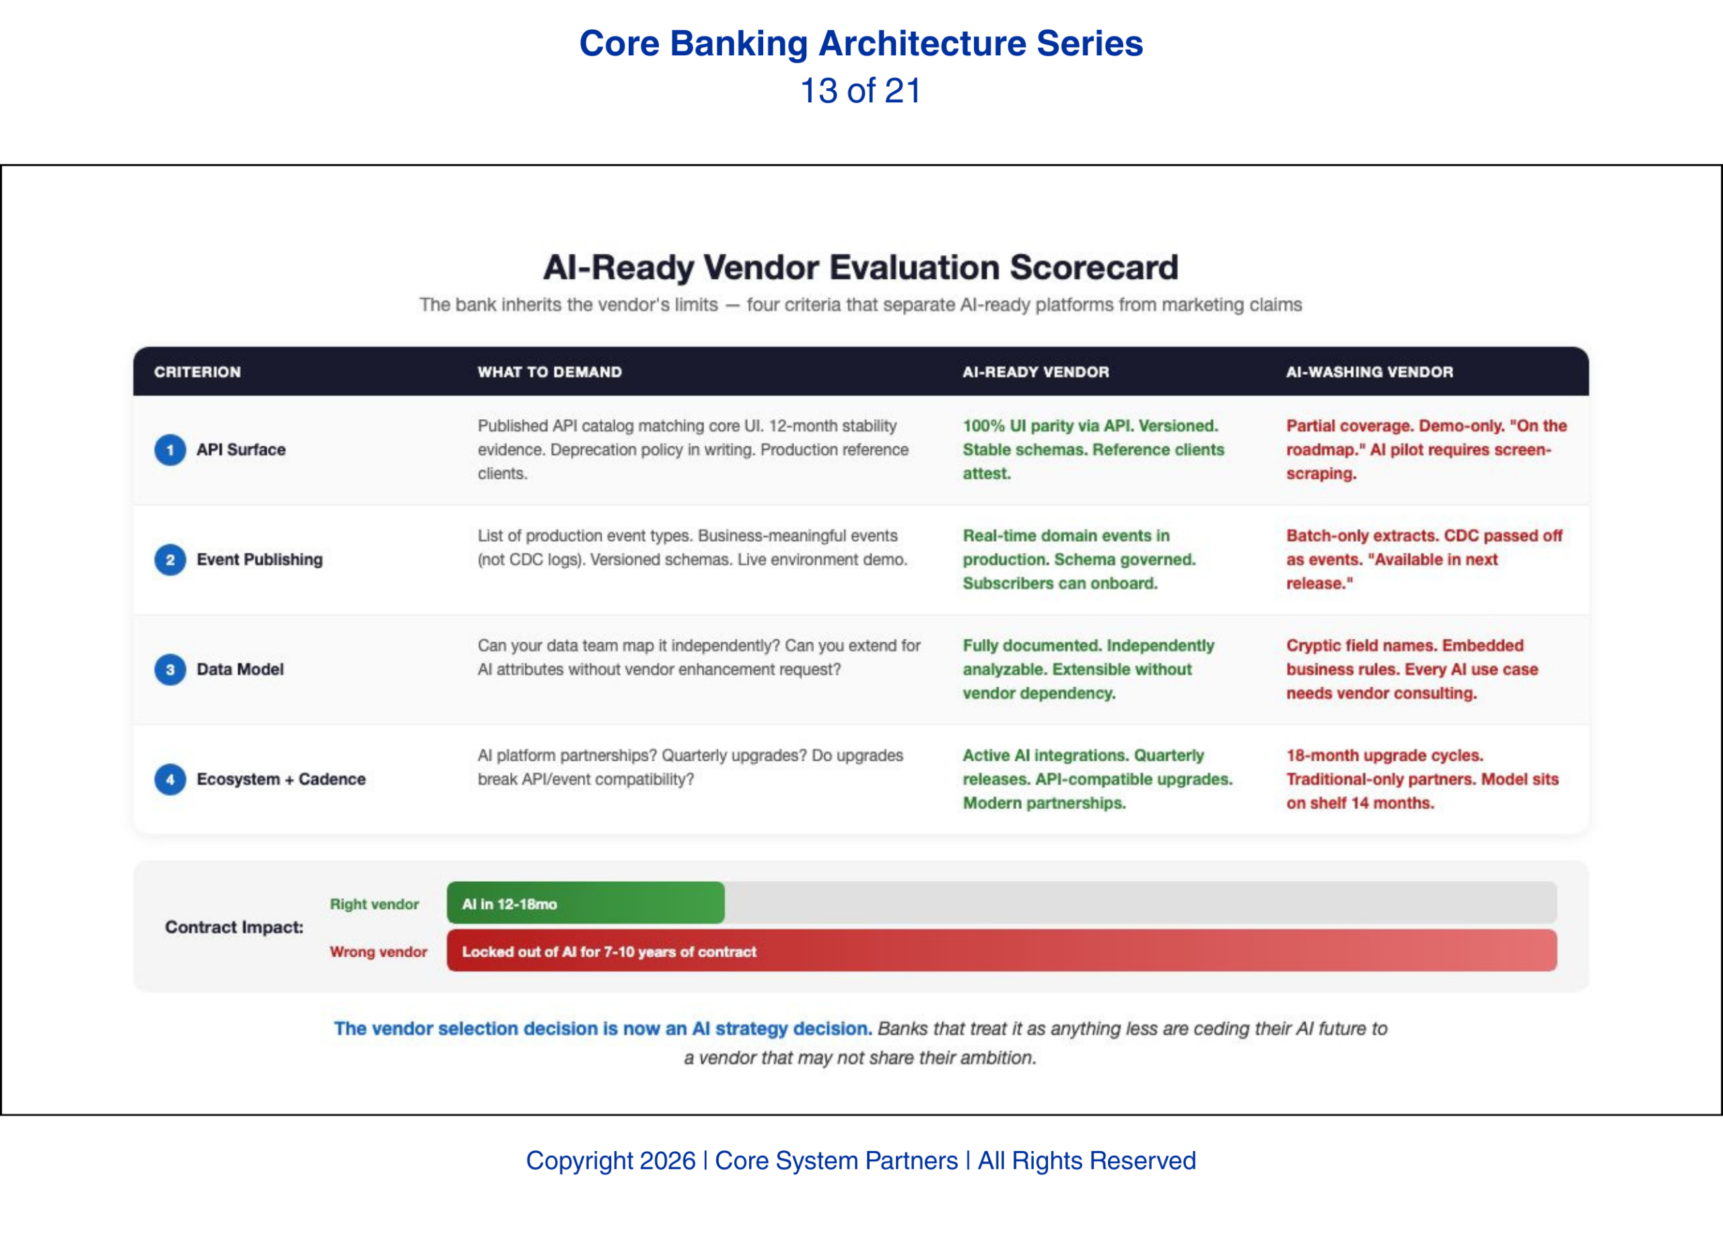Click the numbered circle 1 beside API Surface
(170, 450)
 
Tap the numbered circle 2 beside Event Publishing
(170, 560)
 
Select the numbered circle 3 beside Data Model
(170, 669)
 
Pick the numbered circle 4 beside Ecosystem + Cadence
(170, 779)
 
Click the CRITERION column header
(197, 372)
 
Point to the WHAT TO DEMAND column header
(549, 372)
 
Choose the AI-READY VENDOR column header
(1035, 372)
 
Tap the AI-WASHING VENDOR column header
(1369, 372)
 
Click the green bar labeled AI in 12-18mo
(585, 903)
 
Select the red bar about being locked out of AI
(1001, 951)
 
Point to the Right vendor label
(374, 904)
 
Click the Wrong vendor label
(378, 951)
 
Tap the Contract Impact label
(234, 927)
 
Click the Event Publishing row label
(260, 560)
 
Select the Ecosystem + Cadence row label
(281, 779)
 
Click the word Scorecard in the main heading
(1093, 267)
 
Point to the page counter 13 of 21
(861, 91)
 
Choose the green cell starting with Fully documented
(1088, 668)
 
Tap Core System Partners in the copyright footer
(836, 1160)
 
